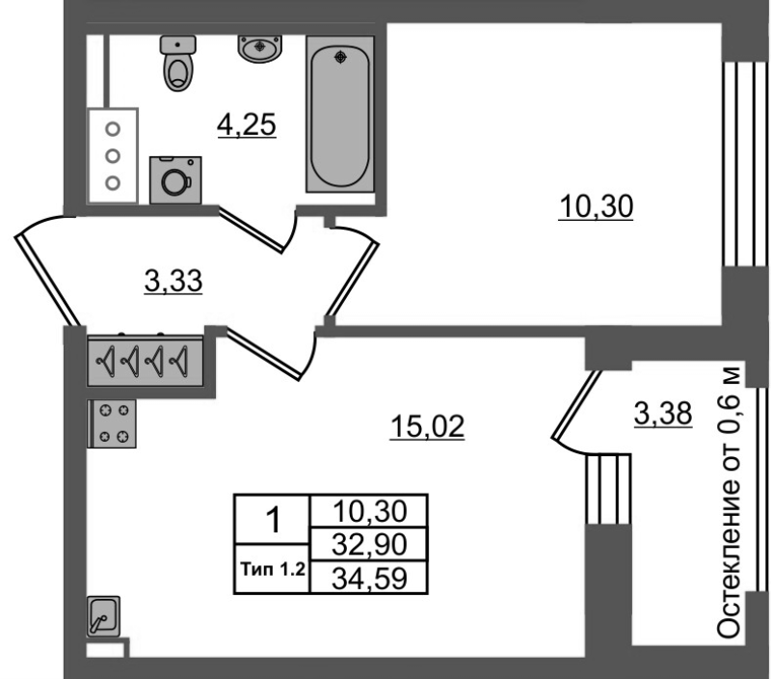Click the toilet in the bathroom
click(178, 63)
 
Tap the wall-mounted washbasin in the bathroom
click(260, 49)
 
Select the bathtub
click(340, 114)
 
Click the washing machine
click(175, 180)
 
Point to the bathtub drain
click(340, 57)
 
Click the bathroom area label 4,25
click(247, 124)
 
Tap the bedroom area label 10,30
click(596, 206)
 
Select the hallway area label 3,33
click(173, 282)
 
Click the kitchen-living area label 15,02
click(427, 426)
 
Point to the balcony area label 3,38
click(663, 414)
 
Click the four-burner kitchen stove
click(112, 423)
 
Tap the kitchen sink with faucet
click(103, 616)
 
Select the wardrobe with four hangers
click(146, 361)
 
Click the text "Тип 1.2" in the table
click(273, 570)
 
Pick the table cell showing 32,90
click(369, 544)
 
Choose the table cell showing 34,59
click(369, 578)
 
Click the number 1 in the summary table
click(273, 520)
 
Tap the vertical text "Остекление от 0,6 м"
click(729, 502)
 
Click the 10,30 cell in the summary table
click(369, 511)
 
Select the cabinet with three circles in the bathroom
click(113, 156)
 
